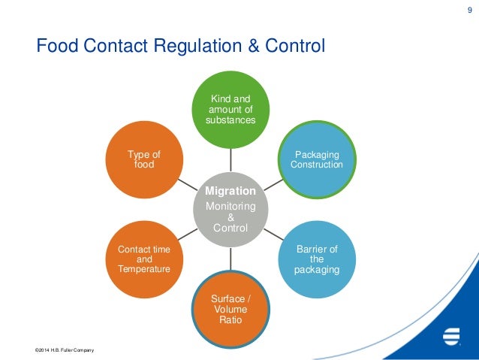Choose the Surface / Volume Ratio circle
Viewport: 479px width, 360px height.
tap(230, 308)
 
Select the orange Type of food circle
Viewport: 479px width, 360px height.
tap(143, 159)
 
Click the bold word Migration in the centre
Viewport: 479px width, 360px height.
tap(230, 191)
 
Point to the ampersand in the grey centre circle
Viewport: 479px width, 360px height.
tap(230, 217)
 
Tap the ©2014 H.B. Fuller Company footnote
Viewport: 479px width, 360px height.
tap(65, 351)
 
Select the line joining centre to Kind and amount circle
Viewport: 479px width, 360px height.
tap(230, 159)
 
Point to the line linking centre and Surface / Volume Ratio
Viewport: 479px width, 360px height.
tap(230, 260)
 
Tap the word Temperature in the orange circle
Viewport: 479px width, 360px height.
tap(144, 268)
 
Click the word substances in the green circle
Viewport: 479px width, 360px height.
tap(230, 119)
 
